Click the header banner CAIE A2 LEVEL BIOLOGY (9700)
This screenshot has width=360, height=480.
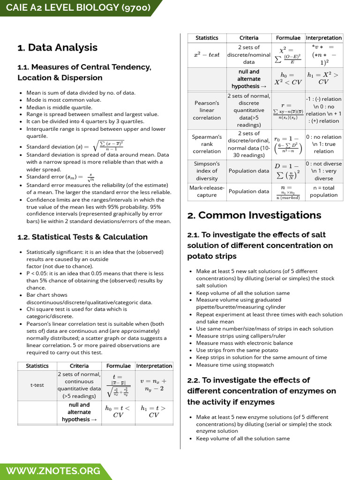75,8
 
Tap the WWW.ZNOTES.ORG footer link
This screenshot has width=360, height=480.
53,471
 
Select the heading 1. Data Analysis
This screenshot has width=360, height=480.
57,47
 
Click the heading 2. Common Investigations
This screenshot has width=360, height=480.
254,215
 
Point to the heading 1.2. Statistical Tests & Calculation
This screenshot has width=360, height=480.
82,237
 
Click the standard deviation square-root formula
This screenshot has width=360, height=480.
108,146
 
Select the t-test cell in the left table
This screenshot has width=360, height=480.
37,385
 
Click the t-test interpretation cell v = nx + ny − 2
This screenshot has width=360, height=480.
154,385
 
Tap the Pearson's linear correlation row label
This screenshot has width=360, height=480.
207,110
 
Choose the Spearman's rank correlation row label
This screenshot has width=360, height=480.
207,144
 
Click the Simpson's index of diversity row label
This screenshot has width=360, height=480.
207,171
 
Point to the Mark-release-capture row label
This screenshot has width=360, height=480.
207,191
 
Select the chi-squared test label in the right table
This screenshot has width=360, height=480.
207,55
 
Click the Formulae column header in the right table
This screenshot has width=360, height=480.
288,38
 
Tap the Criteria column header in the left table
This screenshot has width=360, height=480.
79,366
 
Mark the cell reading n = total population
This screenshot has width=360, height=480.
323,191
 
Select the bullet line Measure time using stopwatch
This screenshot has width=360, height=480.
235,365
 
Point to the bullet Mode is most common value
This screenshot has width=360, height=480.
63,100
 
